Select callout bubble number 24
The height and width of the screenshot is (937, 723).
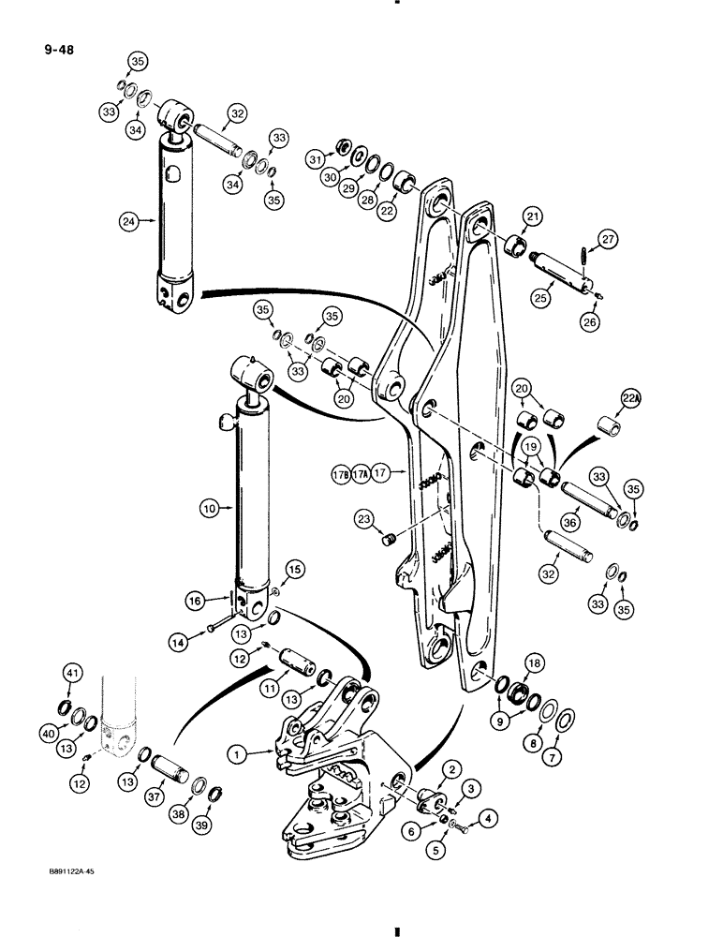click(x=127, y=221)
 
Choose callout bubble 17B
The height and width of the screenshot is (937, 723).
click(x=340, y=474)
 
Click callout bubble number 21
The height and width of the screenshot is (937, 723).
click(x=533, y=218)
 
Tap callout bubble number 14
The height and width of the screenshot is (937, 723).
click(x=185, y=642)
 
